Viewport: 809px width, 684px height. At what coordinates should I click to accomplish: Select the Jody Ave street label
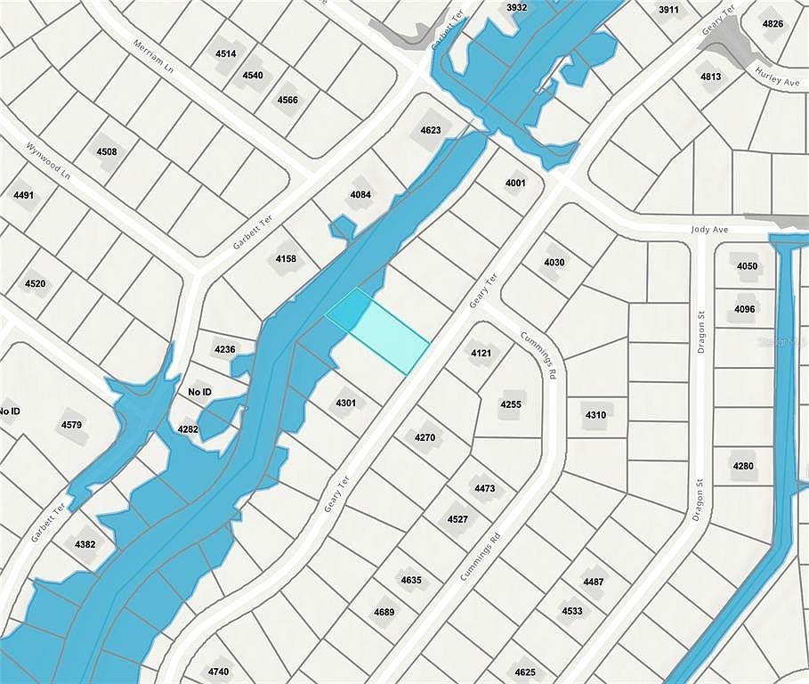tap(709, 229)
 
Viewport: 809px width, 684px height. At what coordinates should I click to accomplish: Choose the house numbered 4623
tap(430, 130)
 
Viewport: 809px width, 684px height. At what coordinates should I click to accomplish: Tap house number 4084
tap(360, 194)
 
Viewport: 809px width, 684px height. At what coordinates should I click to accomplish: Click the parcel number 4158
tap(286, 258)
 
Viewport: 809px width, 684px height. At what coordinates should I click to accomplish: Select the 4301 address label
tap(345, 403)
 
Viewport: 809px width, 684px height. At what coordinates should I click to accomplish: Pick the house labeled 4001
tap(515, 183)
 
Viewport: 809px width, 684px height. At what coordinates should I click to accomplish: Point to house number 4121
tap(481, 353)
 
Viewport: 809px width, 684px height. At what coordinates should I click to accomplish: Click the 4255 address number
tap(510, 403)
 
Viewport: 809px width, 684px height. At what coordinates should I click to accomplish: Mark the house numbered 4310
tap(595, 414)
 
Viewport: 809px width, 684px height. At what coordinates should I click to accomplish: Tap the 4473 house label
tap(484, 488)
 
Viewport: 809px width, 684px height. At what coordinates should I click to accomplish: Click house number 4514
tap(226, 53)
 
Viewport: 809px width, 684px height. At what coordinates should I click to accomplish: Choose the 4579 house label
tap(71, 425)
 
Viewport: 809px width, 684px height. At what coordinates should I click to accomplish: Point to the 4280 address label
tap(742, 466)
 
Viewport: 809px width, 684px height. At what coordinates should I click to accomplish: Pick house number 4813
tap(710, 77)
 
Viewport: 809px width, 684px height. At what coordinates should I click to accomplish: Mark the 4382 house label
tap(85, 543)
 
